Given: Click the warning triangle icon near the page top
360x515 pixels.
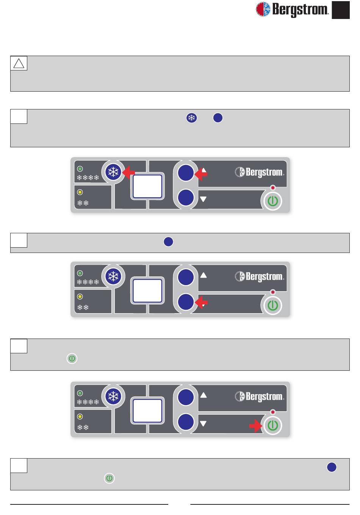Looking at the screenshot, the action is [x=19, y=63].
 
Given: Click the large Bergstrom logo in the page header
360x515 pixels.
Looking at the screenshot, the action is [x=292, y=9].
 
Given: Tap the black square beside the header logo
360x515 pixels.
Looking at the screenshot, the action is [x=341, y=10].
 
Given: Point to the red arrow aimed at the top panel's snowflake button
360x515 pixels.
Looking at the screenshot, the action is [x=129, y=173].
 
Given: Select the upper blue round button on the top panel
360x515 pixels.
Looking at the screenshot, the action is [x=186, y=173].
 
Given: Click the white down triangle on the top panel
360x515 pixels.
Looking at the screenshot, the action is [x=203, y=199].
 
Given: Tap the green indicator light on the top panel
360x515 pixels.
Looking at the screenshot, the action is [x=80, y=169].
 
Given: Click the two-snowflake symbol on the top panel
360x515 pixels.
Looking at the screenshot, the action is [x=83, y=203].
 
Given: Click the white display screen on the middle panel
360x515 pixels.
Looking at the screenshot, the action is [x=147, y=291].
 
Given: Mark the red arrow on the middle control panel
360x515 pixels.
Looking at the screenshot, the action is [x=201, y=302].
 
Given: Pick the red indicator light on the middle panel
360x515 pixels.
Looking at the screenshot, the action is [x=272, y=292].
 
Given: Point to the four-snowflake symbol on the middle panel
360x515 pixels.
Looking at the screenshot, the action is [x=88, y=282].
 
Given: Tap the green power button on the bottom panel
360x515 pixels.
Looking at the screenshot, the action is [x=272, y=426].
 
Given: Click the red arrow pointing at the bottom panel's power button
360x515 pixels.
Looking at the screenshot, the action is [x=256, y=426].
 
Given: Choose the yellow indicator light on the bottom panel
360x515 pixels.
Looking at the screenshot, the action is [x=80, y=417].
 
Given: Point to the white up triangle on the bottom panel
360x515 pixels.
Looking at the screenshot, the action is [x=203, y=395].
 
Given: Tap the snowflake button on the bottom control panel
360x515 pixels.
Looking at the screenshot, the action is [x=113, y=396].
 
